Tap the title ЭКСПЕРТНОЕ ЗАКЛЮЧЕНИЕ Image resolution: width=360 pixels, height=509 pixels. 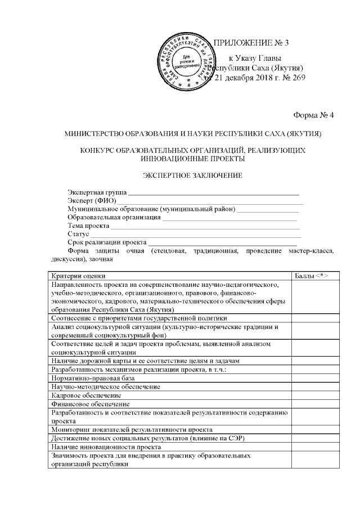(x=192, y=175)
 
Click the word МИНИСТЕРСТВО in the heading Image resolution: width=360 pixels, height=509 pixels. (x=94, y=134)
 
